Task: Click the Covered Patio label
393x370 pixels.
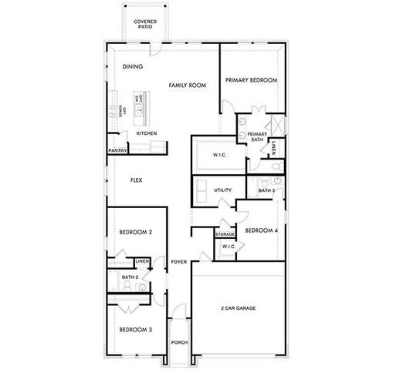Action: tap(144, 24)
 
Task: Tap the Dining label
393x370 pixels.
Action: tap(133, 67)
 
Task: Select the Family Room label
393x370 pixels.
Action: tap(188, 85)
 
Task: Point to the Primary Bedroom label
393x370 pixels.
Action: tap(251, 80)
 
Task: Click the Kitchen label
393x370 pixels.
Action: tap(147, 133)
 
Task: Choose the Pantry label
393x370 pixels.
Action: tap(118, 150)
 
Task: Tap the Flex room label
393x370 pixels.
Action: tap(136, 180)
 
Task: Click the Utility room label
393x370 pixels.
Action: tap(223, 189)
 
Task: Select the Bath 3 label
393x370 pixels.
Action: tap(266, 190)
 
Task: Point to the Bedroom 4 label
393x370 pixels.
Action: tap(261, 230)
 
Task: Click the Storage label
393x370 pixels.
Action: tap(225, 234)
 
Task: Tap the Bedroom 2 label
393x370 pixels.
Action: tap(135, 232)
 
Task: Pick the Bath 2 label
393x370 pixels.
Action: tap(130, 277)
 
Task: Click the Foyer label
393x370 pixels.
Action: tap(179, 262)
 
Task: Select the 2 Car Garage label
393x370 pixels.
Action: tap(238, 308)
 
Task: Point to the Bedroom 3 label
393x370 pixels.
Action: tap(135, 330)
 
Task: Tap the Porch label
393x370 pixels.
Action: tap(179, 342)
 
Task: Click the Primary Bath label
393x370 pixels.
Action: tap(257, 136)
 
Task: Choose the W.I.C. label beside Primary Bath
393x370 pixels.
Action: tap(219, 155)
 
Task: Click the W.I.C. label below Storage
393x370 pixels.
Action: tap(228, 246)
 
